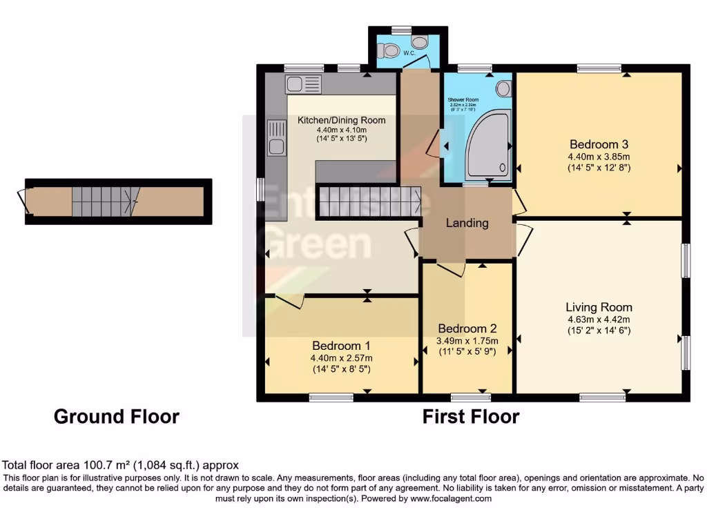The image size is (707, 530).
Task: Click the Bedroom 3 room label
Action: coord(598,144)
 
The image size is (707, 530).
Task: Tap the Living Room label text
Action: coord(598,307)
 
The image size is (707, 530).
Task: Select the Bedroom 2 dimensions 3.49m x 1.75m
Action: coord(467,340)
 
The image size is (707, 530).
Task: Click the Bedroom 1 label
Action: coord(341,345)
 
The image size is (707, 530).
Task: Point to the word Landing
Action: coord(467,223)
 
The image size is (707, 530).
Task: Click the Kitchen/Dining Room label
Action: coord(341,120)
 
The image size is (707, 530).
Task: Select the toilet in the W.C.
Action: coord(390,50)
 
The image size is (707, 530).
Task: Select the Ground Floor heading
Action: coord(116,416)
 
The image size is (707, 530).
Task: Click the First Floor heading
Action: coord(470,416)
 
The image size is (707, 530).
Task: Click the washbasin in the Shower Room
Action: coord(503,88)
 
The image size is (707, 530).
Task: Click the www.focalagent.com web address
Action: coord(450,498)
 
